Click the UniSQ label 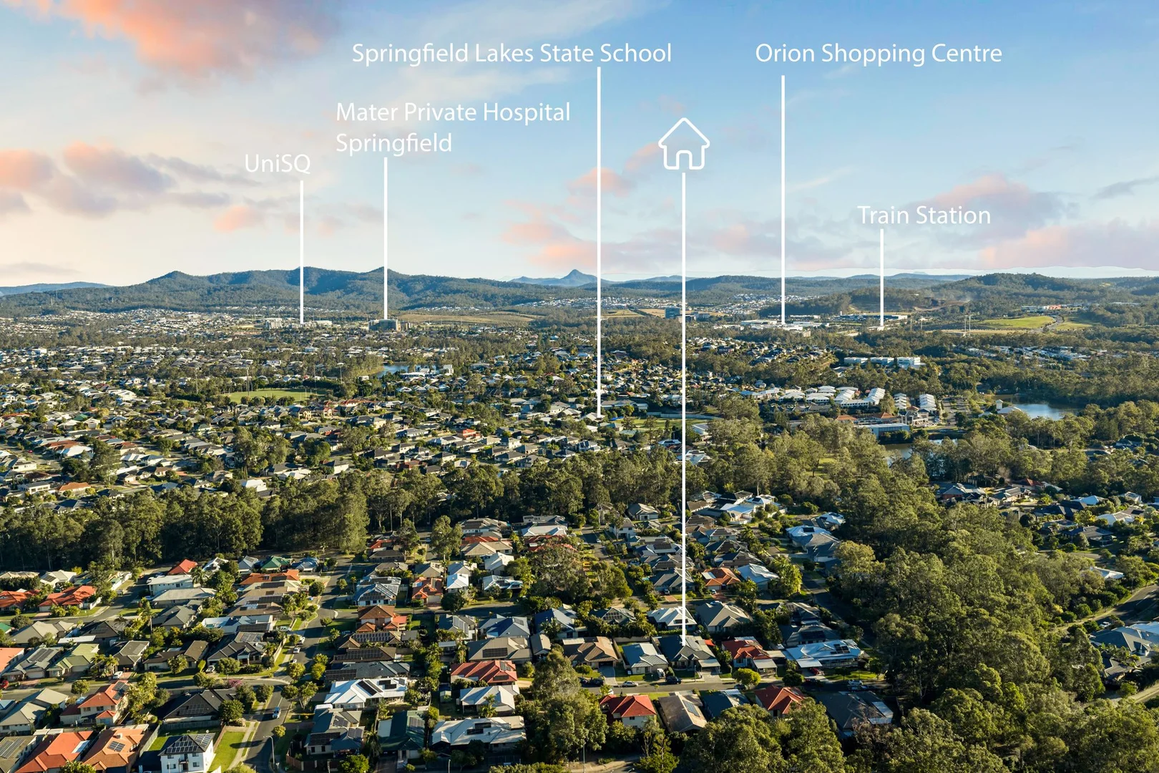(278, 164)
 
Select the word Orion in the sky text (784, 54)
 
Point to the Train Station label (924, 215)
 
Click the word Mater (367, 112)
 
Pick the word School (635, 54)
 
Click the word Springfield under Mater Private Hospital (393, 143)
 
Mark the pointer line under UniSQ (302, 252)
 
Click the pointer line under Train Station (882, 278)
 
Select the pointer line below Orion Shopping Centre (783, 200)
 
